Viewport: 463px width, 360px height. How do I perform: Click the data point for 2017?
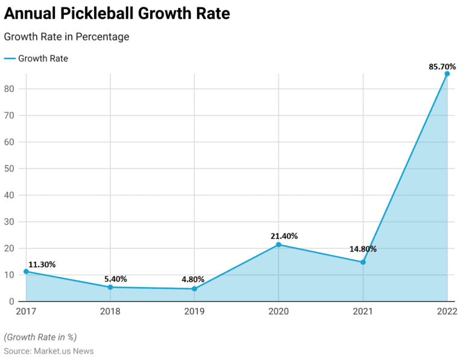click(x=26, y=271)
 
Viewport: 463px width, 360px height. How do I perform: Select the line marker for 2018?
click(x=110, y=287)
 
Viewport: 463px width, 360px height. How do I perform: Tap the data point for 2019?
click(x=194, y=289)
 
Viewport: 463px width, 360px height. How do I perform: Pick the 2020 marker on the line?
click(x=279, y=245)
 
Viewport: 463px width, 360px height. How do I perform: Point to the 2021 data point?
click(x=363, y=262)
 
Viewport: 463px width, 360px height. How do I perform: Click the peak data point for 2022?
click(x=447, y=74)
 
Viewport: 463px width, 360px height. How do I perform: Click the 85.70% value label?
click(x=443, y=66)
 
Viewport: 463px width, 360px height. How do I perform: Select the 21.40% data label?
click(x=284, y=236)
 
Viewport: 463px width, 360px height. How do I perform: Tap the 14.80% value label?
click(x=363, y=248)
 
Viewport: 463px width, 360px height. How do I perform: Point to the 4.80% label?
click(x=193, y=279)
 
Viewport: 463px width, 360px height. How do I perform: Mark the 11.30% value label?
click(x=42, y=264)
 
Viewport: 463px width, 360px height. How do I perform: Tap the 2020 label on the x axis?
click(x=279, y=312)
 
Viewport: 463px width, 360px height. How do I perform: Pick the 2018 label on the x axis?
click(x=110, y=312)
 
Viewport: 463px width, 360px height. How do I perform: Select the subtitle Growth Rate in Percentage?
click(x=66, y=37)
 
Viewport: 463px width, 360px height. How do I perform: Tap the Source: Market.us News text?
click(x=49, y=351)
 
